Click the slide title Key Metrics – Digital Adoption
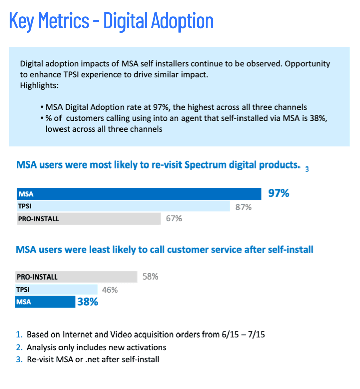[x=111, y=21]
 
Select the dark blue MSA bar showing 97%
[x=139, y=194]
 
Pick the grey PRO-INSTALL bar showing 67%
[x=88, y=218]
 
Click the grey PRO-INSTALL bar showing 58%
[x=76, y=276]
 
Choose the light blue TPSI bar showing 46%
[x=56, y=289]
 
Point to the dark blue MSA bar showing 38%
[x=45, y=302]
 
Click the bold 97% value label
[x=278, y=193]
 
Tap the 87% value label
[x=243, y=207]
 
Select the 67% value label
[x=173, y=219]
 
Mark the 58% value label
[x=150, y=276]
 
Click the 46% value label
[x=110, y=290]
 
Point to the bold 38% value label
[x=87, y=302]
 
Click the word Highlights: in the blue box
[x=39, y=85]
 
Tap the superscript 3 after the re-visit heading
[x=307, y=169]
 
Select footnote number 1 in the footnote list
[x=19, y=334]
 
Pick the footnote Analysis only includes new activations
[x=96, y=347]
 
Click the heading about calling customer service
[x=164, y=249]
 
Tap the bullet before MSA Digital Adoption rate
[x=41, y=107]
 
